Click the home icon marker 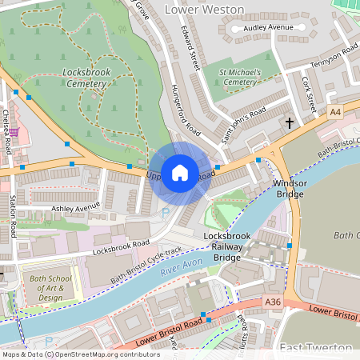click(180, 173)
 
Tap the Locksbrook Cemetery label click(85, 78)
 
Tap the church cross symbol click(290, 123)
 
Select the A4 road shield click(334, 113)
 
